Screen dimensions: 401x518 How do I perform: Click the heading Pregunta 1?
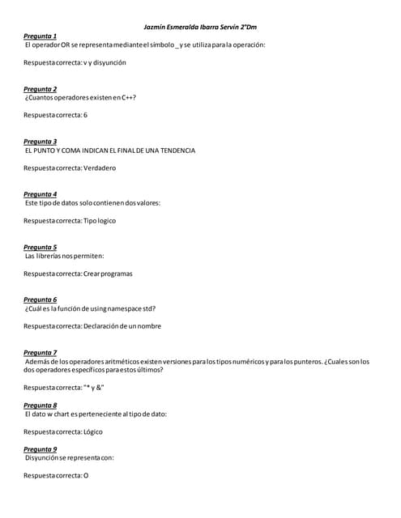pyautogui.click(x=40, y=36)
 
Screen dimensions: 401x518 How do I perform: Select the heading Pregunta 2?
pyautogui.click(x=40, y=89)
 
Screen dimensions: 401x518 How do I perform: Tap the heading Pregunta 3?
pyautogui.click(x=40, y=142)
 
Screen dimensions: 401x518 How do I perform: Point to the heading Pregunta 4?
pyautogui.click(x=40, y=194)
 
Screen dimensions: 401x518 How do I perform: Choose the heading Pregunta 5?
pyautogui.click(x=40, y=247)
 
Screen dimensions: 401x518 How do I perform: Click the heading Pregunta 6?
pyautogui.click(x=40, y=299)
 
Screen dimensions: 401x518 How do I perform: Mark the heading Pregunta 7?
pyautogui.click(x=40, y=353)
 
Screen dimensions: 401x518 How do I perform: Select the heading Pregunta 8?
pyautogui.click(x=40, y=405)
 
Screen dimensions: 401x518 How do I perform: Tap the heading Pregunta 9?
pyautogui.click(x=40, y=449)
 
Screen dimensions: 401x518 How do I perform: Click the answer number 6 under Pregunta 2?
pyautogui.click(x=85, y=115)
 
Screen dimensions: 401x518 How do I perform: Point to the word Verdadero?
pyautogui.click(x=100, y=168)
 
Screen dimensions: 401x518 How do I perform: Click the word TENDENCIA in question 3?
pyautogui.click(x=177, y=151)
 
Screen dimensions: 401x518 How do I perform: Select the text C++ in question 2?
pyautogui.click(x=128, y=97)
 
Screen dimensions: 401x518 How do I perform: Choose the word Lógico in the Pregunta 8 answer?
pyautogui.click(x=93, y=431)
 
